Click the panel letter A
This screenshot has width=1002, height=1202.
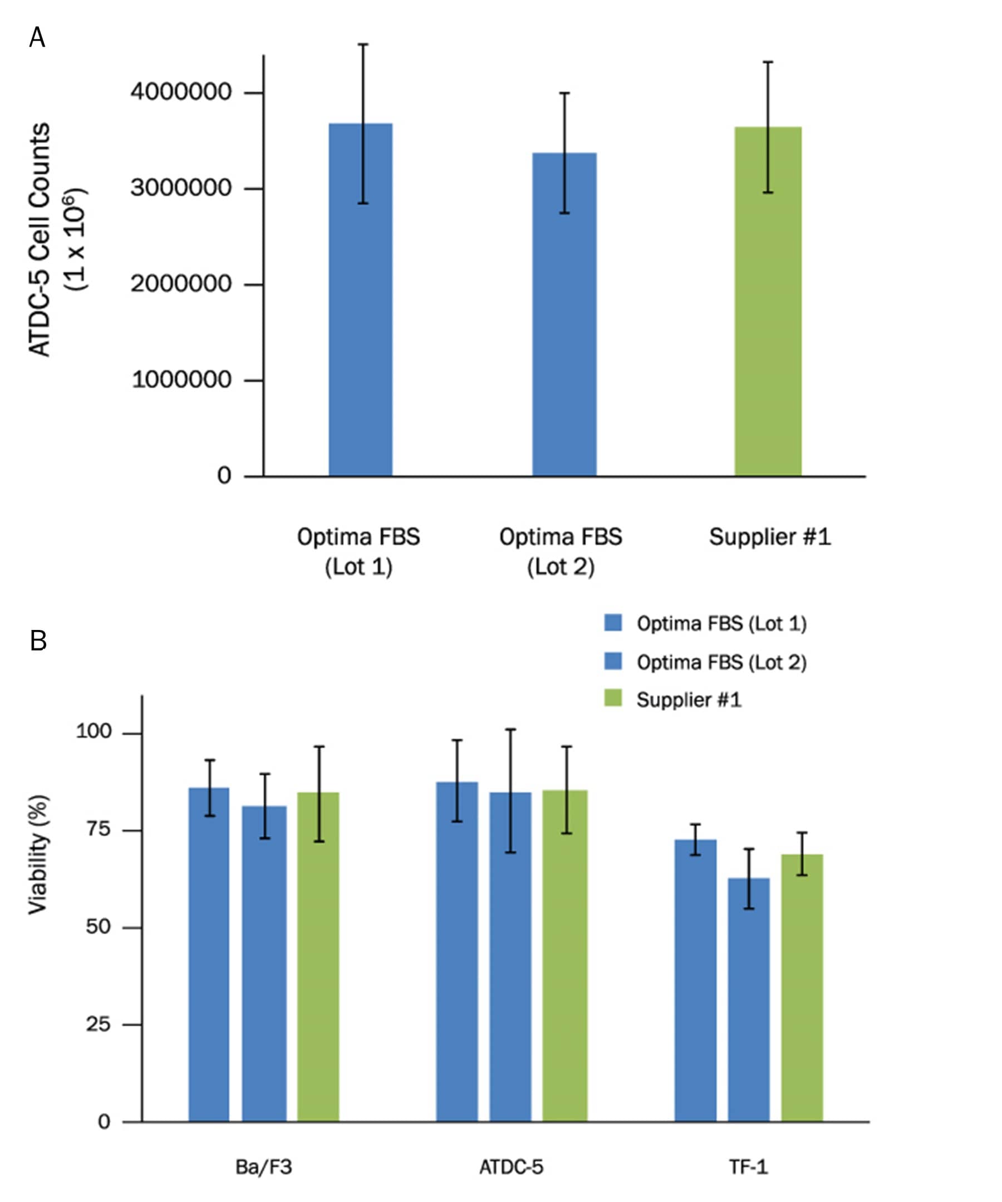tap(37, 38)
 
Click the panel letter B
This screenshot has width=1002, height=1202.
tap(38, 641)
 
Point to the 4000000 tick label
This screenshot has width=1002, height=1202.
tap(181, 92)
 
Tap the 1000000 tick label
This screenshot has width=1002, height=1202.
tap(181, 380)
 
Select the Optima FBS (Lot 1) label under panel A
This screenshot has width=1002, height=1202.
tap(358, 551)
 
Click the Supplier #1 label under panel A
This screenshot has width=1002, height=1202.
tap(769, 537)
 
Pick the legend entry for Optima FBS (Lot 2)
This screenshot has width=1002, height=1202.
tap(721, 662)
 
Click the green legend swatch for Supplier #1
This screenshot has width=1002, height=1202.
tap(613, 699)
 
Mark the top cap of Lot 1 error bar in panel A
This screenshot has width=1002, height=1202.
tap(363, 44)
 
